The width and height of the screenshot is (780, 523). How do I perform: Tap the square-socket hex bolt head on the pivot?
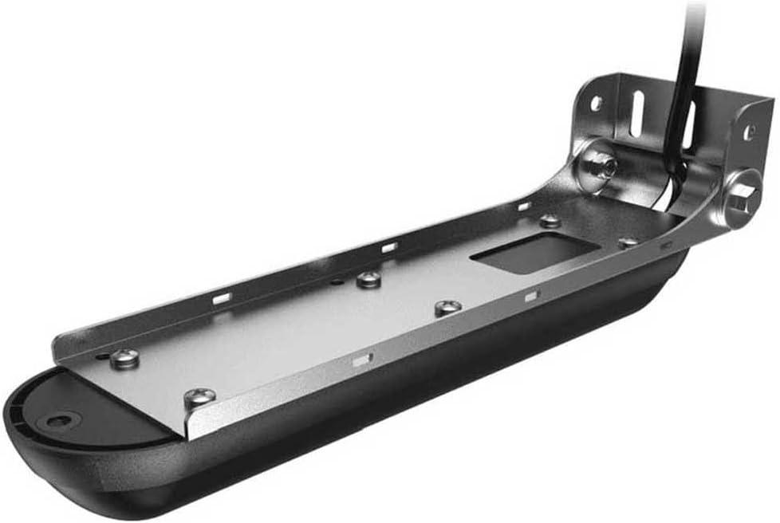[x=740, y=195]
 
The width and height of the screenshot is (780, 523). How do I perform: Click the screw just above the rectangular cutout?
[x=550, y=220]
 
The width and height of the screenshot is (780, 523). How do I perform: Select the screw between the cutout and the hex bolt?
[x=629, y=242]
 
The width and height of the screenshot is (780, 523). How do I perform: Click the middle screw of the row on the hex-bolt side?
[x=447, y=307]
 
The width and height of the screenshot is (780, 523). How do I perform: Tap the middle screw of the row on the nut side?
[x=368, y=279]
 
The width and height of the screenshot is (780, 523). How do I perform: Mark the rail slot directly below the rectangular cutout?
[x=532, y=296]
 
